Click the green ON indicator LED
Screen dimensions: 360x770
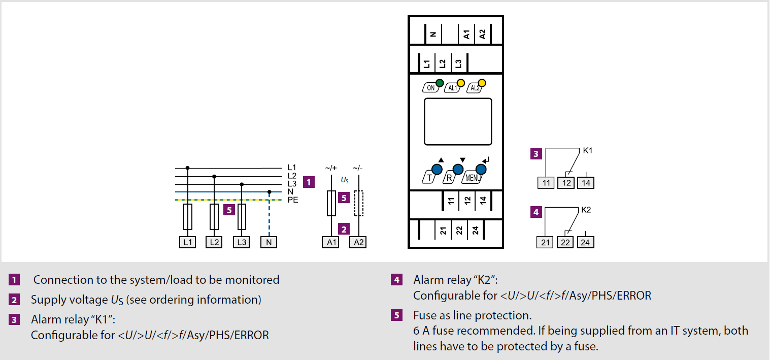point(440,83)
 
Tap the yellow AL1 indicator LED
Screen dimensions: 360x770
point(461,83)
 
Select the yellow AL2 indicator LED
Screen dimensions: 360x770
point(482,83)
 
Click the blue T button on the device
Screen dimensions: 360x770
point(437,170)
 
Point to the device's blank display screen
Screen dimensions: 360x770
point(457,121)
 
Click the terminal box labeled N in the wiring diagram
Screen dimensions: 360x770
point(269,242)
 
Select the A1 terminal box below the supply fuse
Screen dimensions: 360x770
point(330,242)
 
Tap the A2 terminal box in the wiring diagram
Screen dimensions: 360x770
point(358,242)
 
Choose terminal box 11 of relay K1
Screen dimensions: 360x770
point(546,182)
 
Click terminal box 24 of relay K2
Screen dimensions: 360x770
point(585,242)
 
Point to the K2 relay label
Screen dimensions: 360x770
point(586,209)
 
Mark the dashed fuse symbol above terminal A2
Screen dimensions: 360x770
point(359,204)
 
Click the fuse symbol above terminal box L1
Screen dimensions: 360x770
point(188,217)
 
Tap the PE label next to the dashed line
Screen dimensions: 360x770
point(293,200)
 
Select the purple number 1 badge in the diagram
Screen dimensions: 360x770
point(309,181)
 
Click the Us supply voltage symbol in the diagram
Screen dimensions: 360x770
point(345,180)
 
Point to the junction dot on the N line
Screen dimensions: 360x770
point(270,192)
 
